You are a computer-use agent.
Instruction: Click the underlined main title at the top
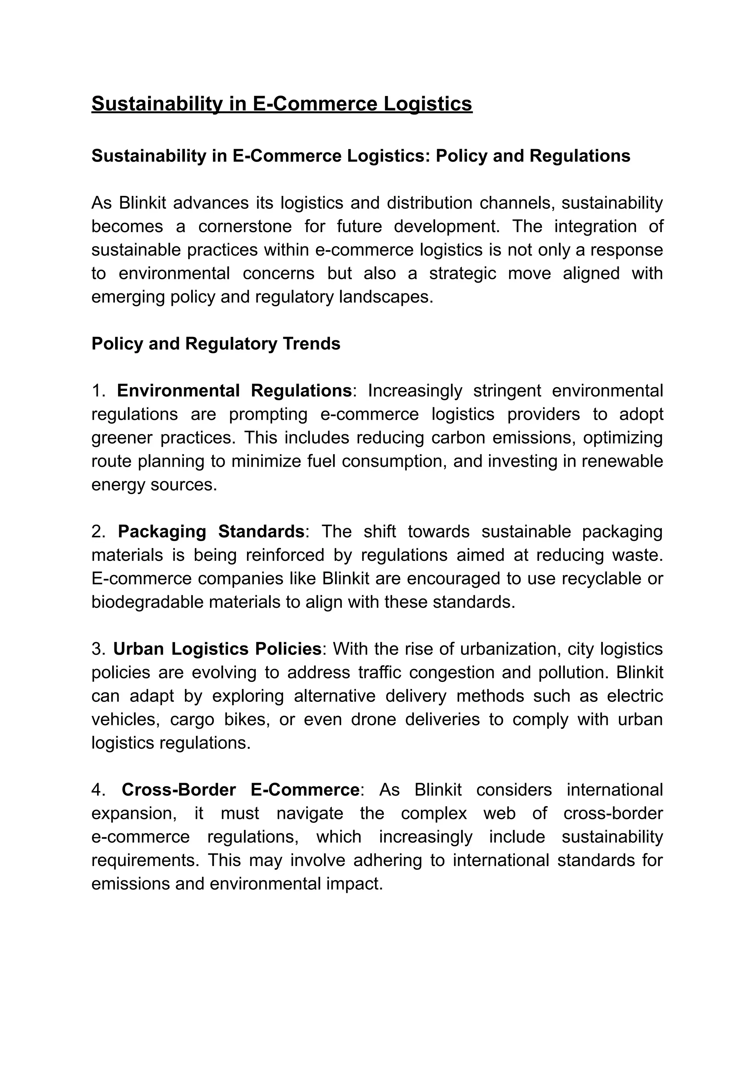pos(281,103)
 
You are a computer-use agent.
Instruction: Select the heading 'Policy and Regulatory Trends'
pos(216,344)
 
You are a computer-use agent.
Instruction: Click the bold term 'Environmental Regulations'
pos(234,391)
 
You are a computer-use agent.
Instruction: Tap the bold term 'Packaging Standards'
pos(210,531)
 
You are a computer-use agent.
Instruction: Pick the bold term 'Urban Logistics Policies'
pos(217,649)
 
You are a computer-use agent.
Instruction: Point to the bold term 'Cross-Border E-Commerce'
pos(240,790)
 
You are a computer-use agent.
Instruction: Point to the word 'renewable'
pos(624,461)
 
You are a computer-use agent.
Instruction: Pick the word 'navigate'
pos(310,813)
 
